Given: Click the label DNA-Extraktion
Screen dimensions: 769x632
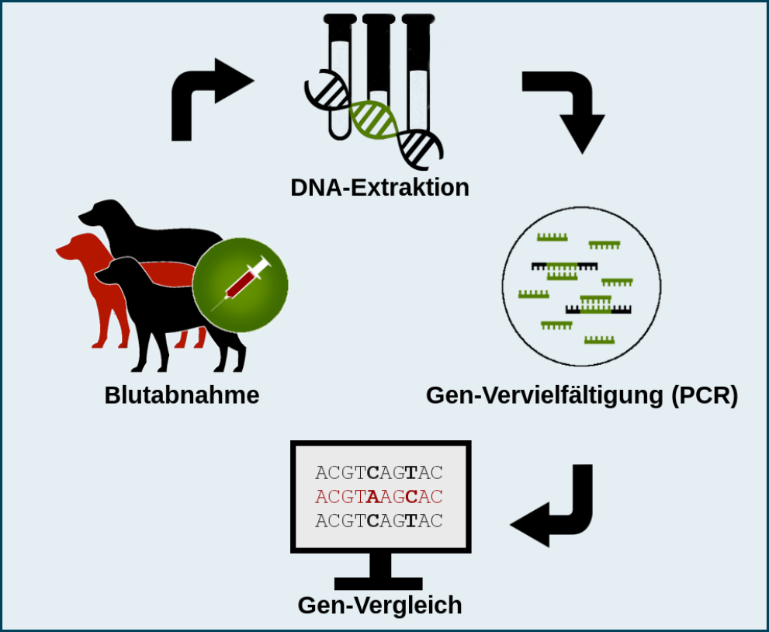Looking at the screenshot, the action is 379,187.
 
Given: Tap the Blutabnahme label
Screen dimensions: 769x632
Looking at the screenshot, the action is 182,395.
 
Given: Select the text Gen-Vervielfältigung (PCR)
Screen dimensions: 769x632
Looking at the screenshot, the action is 582,395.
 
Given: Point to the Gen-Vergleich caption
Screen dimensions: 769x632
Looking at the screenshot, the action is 379,606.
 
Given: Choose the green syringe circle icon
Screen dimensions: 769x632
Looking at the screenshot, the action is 241,285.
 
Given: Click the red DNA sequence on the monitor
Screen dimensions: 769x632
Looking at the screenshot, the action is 379,497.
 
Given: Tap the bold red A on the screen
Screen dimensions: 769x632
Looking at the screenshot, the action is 372,497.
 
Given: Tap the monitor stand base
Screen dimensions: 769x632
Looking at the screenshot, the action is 378,583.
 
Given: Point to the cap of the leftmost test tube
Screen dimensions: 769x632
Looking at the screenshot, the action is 340,19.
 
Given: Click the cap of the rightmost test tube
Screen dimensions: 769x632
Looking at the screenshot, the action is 417,19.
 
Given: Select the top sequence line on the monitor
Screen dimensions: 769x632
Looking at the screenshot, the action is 379,473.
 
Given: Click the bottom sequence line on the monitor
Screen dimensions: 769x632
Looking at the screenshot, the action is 379,520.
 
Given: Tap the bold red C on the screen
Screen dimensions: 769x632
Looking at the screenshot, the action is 412,497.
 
